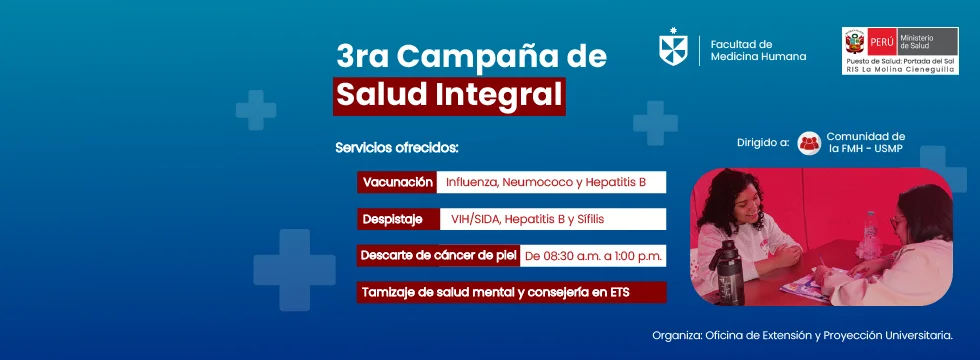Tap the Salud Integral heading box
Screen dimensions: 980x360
449,96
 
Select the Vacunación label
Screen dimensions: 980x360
398,182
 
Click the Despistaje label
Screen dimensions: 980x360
398,219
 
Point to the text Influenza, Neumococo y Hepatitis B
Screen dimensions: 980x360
546,182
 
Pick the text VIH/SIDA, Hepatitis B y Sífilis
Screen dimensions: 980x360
528,219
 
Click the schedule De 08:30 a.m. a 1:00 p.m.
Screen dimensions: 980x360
593,256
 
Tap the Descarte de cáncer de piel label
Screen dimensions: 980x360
438,256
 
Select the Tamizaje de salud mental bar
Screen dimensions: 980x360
511,292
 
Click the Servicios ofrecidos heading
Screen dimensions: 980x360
397,149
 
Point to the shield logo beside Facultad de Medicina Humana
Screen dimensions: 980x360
673,47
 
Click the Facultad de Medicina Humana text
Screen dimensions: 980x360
758,50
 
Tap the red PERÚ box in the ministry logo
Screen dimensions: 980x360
881,42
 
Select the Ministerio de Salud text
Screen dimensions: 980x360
916,42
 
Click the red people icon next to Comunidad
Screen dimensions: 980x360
809,143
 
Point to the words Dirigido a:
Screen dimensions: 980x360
762,142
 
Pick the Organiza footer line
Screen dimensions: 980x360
802,336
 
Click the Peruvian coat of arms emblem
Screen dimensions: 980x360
854,42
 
